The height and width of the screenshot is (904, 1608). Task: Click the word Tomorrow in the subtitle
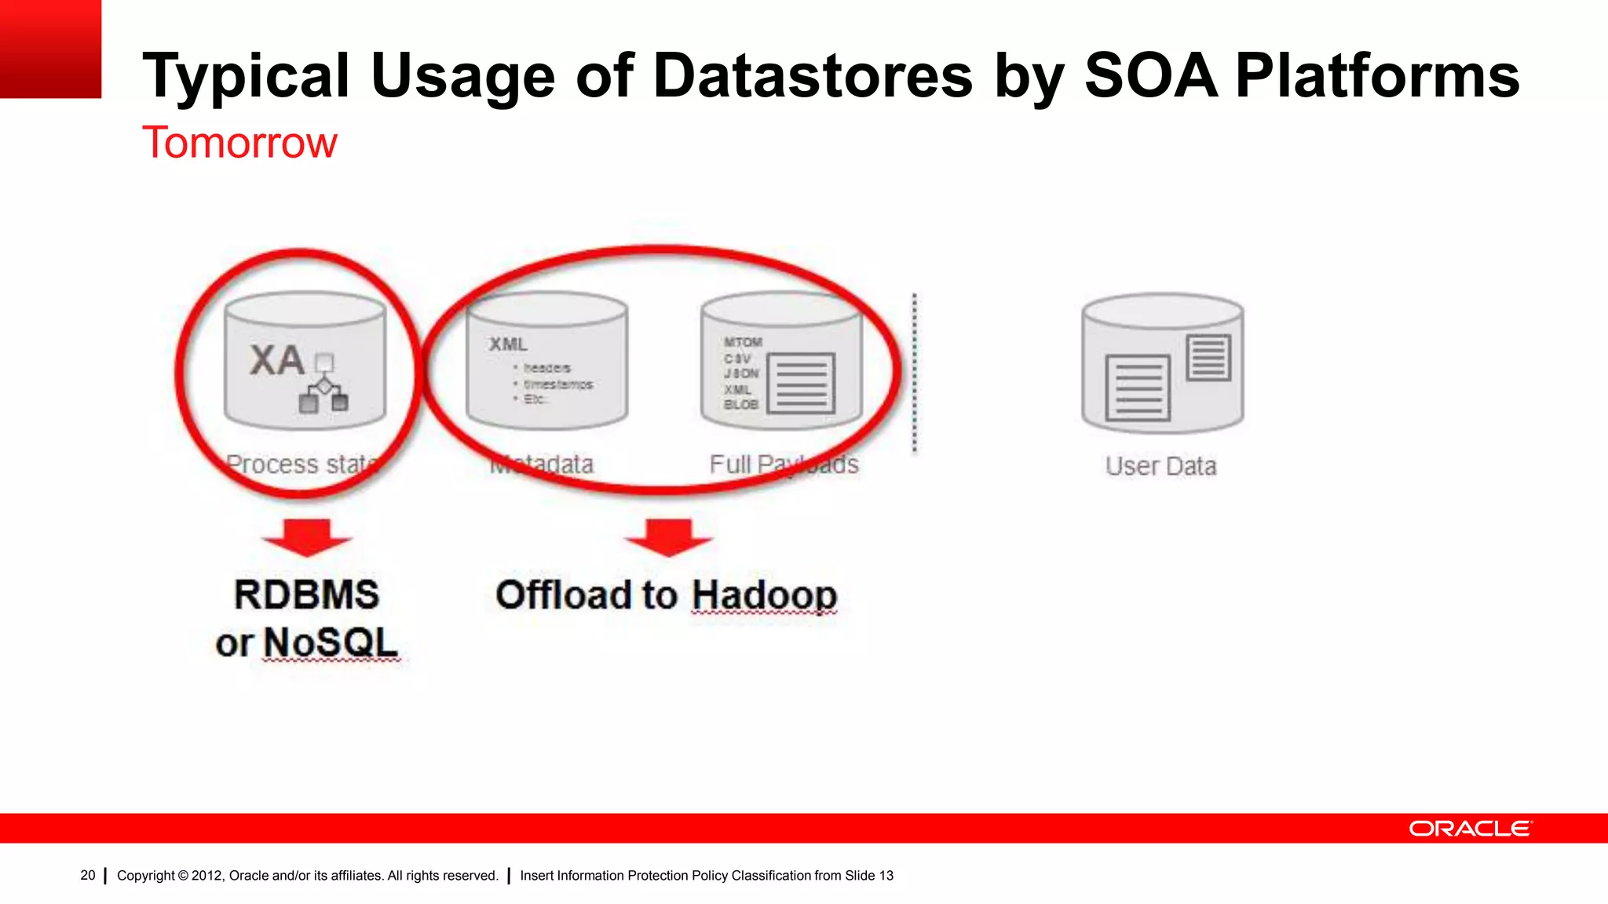click(x=239, y=143)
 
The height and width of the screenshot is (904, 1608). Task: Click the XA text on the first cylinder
click(x=277, y=360)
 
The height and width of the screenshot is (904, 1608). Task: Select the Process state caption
click(x=301, y=464)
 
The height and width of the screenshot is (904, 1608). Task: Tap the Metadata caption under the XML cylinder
click(x=542, y=464)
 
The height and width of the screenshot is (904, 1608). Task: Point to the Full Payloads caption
click(x=784, y=464)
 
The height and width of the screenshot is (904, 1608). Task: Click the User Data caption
click(x=1160, y=466)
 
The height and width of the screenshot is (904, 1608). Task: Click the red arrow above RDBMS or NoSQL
click(x=307, y=538)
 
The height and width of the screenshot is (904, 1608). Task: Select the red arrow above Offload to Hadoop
click(x=668, y=538)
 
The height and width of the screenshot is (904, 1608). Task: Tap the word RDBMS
click(x=307, y=594)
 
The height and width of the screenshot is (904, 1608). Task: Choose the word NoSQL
click(x=331, y=643)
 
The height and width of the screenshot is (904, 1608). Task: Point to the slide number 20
click(x=88, y=875)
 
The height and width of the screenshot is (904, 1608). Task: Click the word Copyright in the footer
click(x=146, y=876)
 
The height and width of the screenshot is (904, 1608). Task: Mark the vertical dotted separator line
click(x=915, y=374)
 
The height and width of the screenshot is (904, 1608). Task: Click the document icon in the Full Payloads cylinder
click(x=801, y=383)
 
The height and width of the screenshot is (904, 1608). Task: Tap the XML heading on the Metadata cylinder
click(x=508, y=344)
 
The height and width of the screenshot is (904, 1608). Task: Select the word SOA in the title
click(x=1151, y=75)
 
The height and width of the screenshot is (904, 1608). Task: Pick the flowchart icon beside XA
click(x=323, y=385)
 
